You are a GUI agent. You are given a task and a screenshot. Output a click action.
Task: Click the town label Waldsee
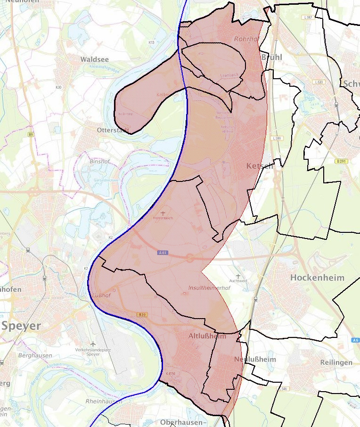pos(94,59)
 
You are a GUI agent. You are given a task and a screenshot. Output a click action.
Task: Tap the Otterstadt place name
pos(112,130)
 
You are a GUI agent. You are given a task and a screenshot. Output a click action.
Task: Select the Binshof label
pos(99,161)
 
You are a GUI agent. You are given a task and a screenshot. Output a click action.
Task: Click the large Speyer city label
pos(21,326)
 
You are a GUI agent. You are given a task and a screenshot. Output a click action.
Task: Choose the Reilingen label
pos(336,362)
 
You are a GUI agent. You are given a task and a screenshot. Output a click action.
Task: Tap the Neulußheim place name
pos(255,360)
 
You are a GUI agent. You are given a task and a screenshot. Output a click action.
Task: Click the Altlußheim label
pos(207,336)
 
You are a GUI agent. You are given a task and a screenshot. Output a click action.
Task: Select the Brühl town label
pos(271,57)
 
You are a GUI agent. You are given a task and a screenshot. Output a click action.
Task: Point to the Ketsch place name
pos(259,166)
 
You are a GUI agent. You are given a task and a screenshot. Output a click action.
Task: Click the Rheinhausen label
pos(104,401)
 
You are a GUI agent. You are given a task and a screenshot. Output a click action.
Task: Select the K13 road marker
pos(151,42)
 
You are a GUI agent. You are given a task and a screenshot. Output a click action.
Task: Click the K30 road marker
pos(58,87)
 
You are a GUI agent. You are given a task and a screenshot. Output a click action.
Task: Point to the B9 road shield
pos(31,135)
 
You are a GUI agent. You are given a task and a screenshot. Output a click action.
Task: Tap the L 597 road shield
pos(308,17)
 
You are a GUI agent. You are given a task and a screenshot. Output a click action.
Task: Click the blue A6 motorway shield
pos(355,340)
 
